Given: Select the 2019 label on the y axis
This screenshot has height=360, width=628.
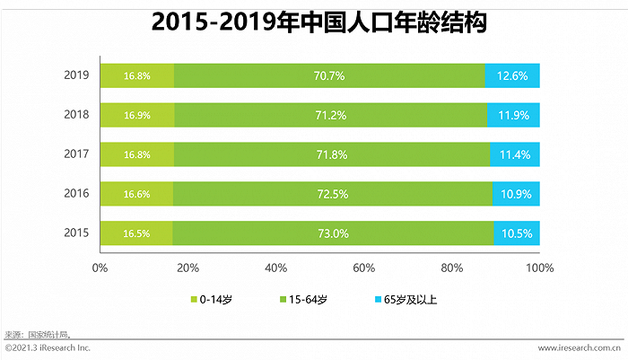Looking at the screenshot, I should point(76,75).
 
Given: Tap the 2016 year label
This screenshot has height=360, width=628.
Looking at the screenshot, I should point(76,193).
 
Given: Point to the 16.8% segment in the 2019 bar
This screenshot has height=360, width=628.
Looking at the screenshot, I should point(136,75).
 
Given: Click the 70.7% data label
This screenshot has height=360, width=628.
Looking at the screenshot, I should point(329,75).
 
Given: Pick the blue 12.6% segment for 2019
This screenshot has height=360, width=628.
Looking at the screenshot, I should point(513,75).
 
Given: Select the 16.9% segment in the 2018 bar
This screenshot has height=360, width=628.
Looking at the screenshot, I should point(136,115).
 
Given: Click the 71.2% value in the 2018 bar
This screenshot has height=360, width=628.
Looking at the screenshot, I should point(329,115).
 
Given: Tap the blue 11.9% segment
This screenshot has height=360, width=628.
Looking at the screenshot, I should point(514,115).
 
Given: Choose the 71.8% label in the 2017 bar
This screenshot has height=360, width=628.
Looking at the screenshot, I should point(331,154).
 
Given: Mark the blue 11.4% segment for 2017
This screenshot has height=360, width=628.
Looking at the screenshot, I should point(515,154).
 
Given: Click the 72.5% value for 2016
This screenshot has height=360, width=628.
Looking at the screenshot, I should point(332,193).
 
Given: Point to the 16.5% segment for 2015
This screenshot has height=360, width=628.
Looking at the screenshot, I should point(135,233).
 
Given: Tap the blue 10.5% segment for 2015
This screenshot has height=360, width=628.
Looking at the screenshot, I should point(517,233).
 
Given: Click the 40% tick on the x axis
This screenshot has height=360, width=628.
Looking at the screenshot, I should point(276,268).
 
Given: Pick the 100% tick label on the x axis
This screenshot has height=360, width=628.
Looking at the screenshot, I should point(540,268).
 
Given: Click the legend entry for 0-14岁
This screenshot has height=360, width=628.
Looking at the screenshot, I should point(213,299).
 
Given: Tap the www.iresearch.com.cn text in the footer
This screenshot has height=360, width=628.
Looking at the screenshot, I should point(580,347).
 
